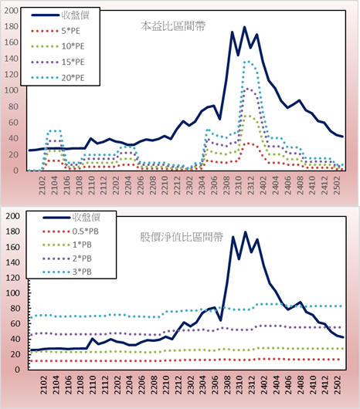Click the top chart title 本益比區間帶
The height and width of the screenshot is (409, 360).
click(x=173, y=26)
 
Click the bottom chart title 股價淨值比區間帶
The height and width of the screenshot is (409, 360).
click(x=182, y=237)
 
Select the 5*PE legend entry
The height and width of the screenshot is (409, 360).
click(x=56, y=31)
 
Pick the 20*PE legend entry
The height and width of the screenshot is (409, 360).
click(x=57, y=78)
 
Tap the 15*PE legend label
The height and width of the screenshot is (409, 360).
click(x=73, y=62)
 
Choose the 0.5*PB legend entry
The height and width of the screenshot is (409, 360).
click(x=70, y=232)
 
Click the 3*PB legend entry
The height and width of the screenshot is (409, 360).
click(x=67, y=272)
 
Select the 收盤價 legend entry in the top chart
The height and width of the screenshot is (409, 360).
click(x=60, y=15)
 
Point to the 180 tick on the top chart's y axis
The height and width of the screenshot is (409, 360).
click(x=12, y=26)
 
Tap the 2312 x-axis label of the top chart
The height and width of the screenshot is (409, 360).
click(x=251, y=185)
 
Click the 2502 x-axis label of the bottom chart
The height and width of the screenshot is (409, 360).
click(x=338, y=385)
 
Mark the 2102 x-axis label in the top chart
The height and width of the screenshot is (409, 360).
click(x=42, y=185)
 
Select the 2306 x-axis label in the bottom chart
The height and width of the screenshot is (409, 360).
click(x=215, y=385)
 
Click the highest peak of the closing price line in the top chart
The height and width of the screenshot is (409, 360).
click(x=245, y=27)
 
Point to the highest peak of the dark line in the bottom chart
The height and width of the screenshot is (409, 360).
click(x=245, y=232)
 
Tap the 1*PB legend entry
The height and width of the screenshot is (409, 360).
click(x=67, y=245)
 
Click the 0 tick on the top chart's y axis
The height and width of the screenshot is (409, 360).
click(x=16, y=171)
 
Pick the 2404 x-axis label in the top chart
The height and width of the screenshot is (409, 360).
click(x=276, y=185)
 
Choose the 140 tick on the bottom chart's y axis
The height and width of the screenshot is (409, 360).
click(x=12, y=262)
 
